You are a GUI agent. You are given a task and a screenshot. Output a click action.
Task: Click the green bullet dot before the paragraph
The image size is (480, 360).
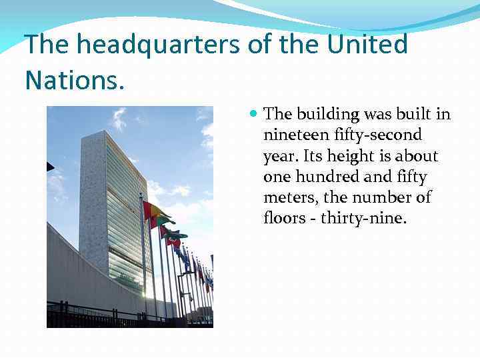[253, 114]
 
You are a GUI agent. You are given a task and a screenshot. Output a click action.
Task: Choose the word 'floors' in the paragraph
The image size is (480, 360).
[283, 218]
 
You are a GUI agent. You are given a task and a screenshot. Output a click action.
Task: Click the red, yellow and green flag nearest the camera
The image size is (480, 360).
[154, 213]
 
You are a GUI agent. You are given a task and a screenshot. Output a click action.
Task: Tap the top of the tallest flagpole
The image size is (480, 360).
[140, 195]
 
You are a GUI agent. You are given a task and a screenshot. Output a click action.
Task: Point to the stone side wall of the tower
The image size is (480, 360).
[92, 193]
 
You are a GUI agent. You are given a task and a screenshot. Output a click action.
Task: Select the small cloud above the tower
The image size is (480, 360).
[119, 119]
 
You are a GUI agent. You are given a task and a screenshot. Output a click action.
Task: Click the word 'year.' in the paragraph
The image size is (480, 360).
[282, 156]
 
